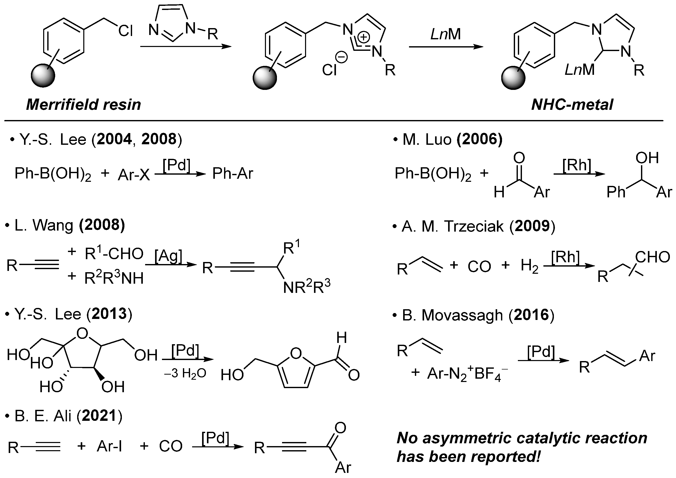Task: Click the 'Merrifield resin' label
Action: coord(84,104)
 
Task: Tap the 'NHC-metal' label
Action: coord(572,104)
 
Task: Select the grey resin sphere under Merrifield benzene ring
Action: coord(43,76)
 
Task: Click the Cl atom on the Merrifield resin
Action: coord(126,31)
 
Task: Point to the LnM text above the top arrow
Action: coord(446,34)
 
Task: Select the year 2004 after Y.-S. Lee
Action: coord(114,139)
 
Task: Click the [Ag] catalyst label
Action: coord(168,256)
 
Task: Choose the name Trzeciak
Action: coord(474,226)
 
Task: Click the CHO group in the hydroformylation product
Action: coord(652,257)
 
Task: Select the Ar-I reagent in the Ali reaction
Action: coord(109,447)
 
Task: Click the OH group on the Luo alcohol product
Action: coord(647,158)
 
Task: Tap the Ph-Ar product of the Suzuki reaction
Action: coord(232,174)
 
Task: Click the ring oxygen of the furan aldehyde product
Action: coord(296,353)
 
